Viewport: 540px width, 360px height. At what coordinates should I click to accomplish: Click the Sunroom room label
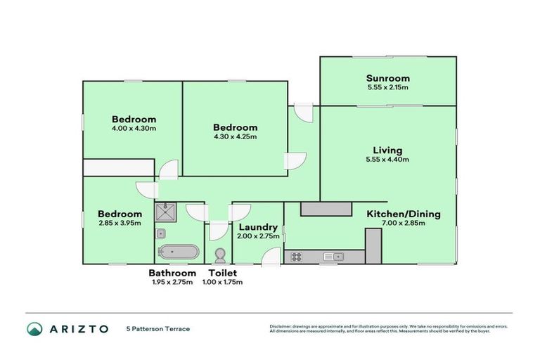click(x=387, y=78)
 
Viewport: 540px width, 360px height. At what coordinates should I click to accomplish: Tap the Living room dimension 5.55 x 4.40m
click(x=387, y=160)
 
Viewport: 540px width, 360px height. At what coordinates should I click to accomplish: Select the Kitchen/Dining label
click(x=402, y=213)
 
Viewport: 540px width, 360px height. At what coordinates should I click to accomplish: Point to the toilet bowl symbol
click(x=219, y=255)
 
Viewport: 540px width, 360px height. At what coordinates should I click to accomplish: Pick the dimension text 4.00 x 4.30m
click(x=134, y=129)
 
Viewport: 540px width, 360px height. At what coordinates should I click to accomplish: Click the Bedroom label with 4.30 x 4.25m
click(x=235, y=127)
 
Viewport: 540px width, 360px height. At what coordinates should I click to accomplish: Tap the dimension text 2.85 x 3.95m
click(x=120, y=223)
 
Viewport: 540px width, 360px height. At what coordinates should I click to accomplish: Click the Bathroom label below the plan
click(x=172, y=273)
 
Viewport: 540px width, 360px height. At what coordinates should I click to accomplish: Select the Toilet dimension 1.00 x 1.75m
click(x=222, y=282)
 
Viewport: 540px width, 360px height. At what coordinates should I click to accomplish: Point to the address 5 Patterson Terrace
click(x=158, y=329)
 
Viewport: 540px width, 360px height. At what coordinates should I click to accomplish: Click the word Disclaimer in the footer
click(x=282, y=326)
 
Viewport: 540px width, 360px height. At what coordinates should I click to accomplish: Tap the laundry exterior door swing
click(x=268, y=257)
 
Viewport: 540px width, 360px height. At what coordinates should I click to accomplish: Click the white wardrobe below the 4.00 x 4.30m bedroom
click(x=118, y=167)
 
